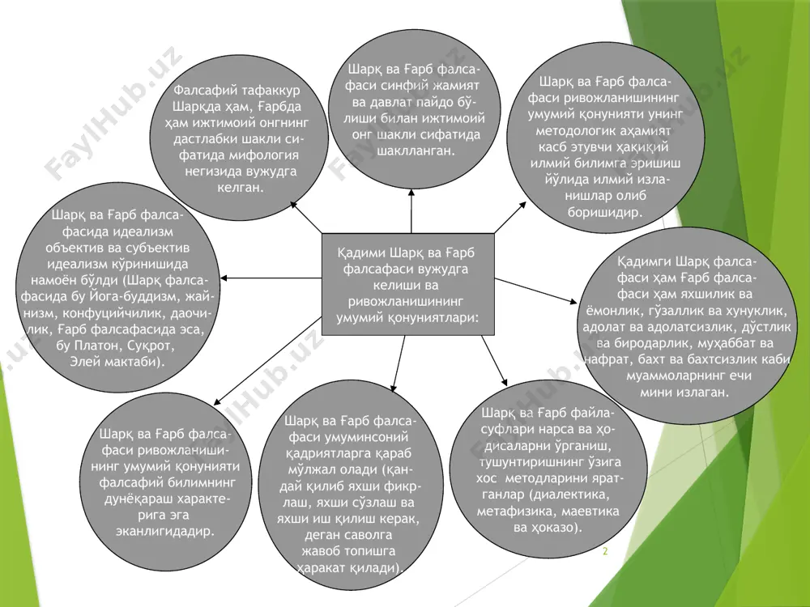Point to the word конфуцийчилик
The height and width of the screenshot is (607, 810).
(127, 312)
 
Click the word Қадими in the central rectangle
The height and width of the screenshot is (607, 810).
(361, 253)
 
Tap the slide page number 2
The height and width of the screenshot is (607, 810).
(605, 551)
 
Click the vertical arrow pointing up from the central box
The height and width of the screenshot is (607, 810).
(411, 211)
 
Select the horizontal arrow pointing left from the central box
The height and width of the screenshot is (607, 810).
(271, 278)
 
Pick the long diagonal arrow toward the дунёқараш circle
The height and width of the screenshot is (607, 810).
(267, 361)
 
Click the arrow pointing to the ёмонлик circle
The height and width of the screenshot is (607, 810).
(535, 291)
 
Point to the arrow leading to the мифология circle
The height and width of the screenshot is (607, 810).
(306, 217)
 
